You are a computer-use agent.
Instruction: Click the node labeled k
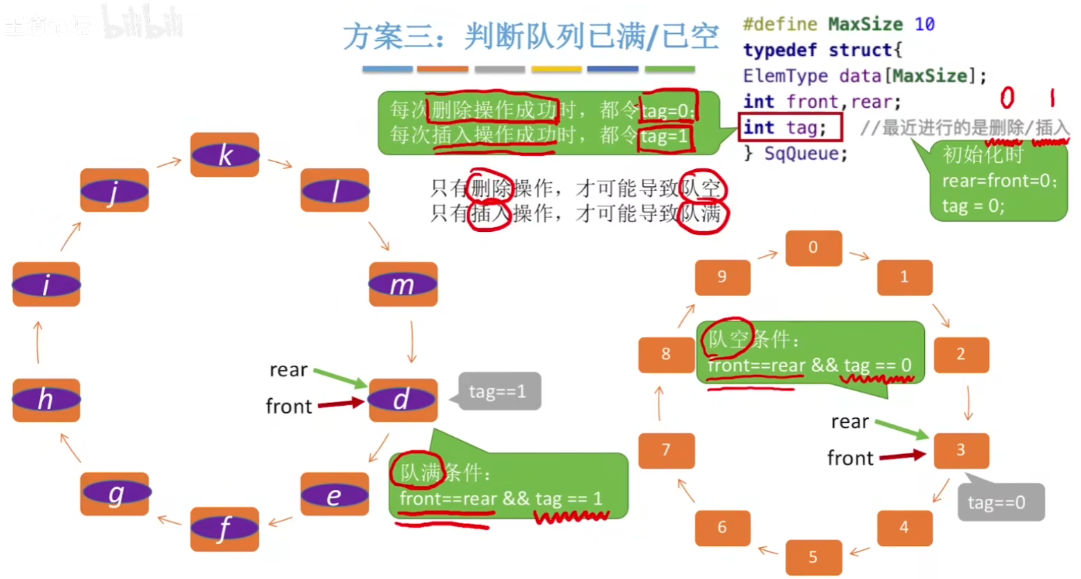click(225, 155)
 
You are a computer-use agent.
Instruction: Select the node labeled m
click(403, 284)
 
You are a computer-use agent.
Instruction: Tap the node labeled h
click(46, 400)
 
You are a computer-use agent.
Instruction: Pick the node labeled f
click(224, 529)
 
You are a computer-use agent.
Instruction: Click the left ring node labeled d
click(403, 400)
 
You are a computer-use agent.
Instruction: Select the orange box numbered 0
click(813, 248)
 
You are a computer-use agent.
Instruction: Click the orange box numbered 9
click(722, 277)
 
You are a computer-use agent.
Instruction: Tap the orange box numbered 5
click(813, 557)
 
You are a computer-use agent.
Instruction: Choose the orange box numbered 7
click(666, 450)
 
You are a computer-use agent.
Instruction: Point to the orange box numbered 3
click(961, 450)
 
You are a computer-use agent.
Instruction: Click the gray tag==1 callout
click(498, 392)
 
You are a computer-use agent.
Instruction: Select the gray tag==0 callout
click(1000, 502)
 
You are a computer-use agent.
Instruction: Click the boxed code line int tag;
click(790, 128)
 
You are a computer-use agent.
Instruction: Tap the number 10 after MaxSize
click(924, 24)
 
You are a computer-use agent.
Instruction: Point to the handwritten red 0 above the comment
click(1007, 98)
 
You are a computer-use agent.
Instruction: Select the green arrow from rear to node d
click(340, 378)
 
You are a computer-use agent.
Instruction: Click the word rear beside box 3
click(850, 422)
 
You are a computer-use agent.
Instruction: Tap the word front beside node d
click(289, 406)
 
